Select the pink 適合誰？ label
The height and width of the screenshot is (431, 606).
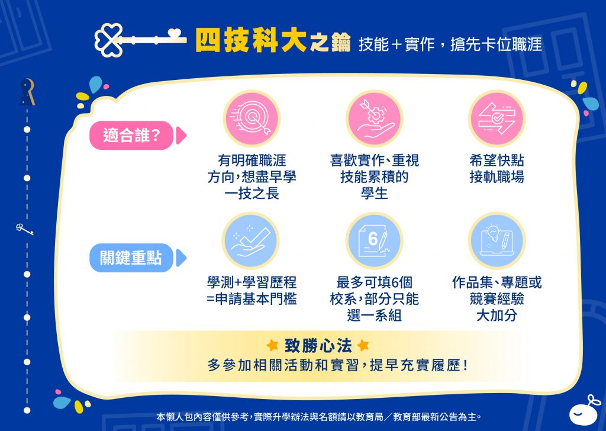tap(131, 136)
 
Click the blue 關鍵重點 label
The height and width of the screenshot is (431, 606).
tap(131, 258)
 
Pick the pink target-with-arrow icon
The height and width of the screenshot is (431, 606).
tap(252, 118)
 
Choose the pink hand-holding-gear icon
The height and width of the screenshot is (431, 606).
tap(374, 118)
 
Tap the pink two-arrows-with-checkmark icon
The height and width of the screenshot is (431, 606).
tap(497, 118)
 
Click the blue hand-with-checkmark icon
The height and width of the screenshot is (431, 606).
tap(252, 241)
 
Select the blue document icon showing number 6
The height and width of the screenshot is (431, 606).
tap(374, 241)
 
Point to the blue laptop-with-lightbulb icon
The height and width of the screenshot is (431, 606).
tap(497, 241)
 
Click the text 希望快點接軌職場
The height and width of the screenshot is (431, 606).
tap(497, 169)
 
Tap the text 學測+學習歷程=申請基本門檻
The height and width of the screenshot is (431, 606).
tap(252, 291)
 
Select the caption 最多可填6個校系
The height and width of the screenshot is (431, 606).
tap(374, 291)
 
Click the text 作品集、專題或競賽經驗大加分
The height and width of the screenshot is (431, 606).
tap(497, 299)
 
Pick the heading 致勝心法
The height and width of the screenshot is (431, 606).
tap(318, 346)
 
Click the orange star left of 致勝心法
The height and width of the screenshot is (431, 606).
tap(272, 345)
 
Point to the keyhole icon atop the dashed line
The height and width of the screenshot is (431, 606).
tap(27, 92)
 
